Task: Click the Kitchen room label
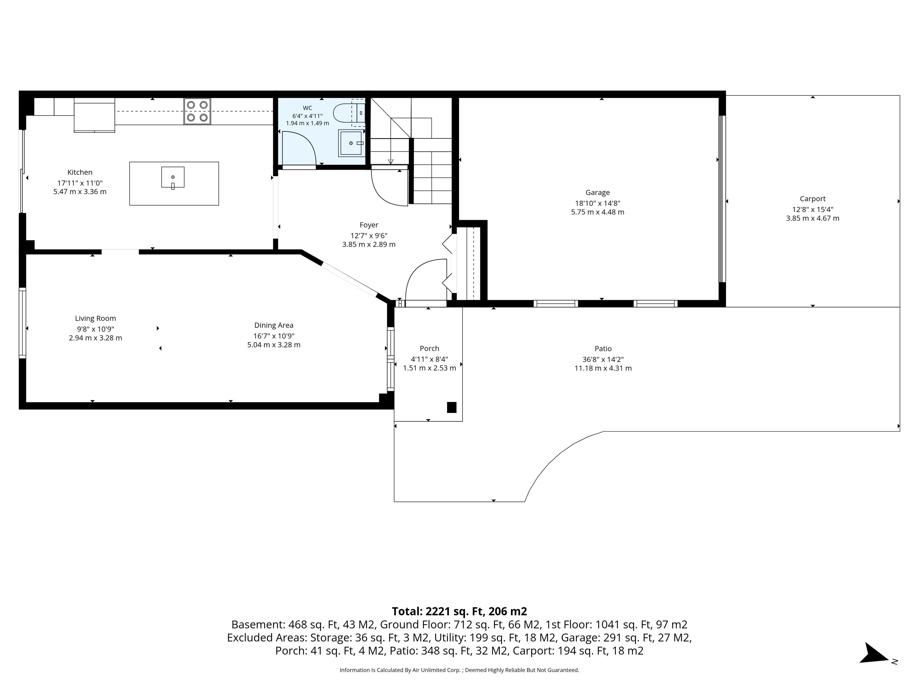tap(80, 172)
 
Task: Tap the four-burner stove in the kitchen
tap(197, 111)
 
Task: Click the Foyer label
tap(369, 225)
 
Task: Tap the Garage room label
tap(597, 193)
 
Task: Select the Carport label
tap(813, 199)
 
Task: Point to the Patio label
tap(603, 349)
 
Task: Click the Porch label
tap(429, 348)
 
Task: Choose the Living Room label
tap(95, 319)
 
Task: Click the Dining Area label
tap(274, 326)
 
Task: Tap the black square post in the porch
tap(452, 407)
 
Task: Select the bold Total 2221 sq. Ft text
tap(459, 611)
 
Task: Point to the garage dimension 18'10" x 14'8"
tap(597, 204)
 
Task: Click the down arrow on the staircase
tap(391, 161)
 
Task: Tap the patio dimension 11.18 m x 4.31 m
tap(603, 368)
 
